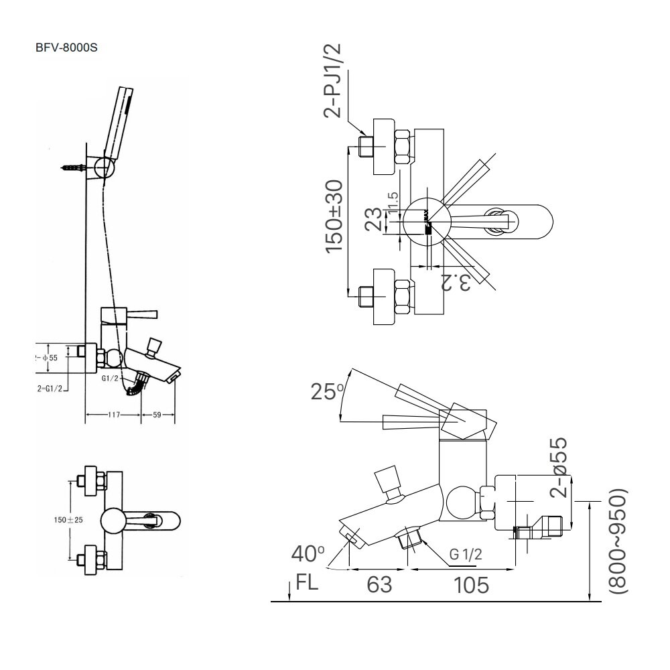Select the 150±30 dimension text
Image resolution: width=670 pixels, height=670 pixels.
pos(335,216)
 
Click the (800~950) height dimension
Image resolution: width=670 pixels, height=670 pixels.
pos(618,540)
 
